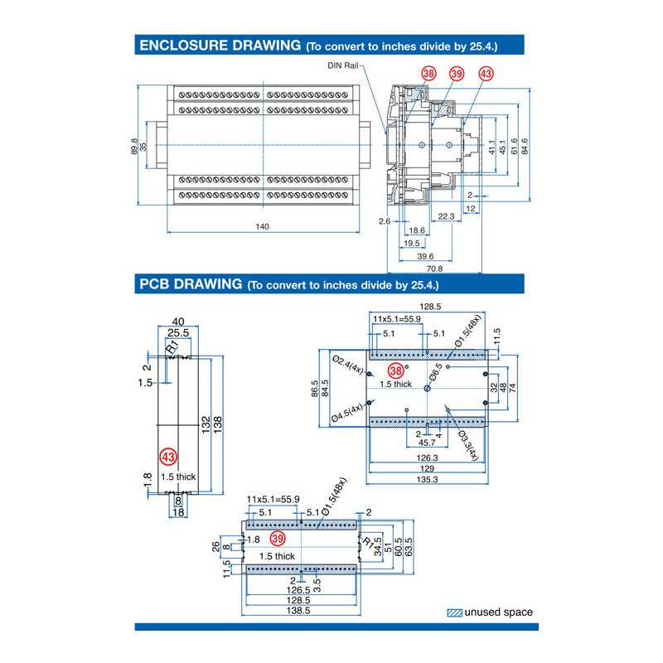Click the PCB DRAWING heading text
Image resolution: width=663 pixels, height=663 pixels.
190,284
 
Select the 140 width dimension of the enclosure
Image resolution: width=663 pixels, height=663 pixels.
262,226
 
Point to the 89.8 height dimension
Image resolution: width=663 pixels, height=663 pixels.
134,146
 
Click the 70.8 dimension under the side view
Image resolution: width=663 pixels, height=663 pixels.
433,269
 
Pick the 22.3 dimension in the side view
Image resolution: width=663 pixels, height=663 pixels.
446,216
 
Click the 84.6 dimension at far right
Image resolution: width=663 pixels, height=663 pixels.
525,146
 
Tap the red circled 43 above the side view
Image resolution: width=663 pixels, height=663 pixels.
486,74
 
